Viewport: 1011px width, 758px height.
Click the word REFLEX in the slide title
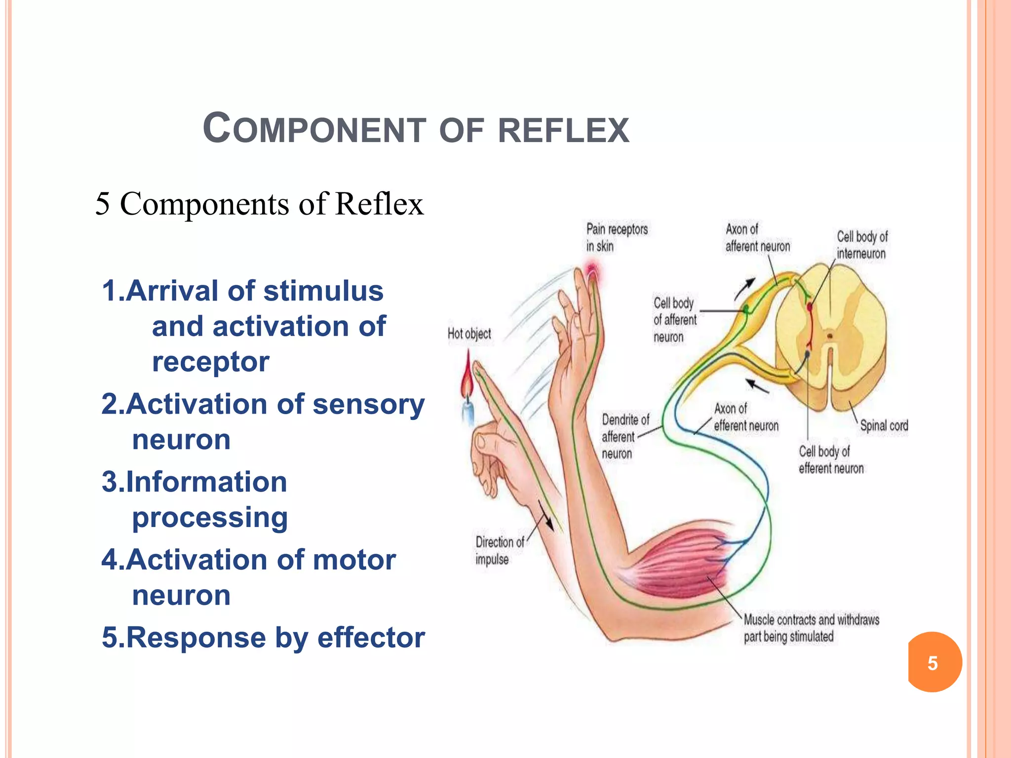coord(563,130)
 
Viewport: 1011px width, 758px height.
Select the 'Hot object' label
coord(469,334)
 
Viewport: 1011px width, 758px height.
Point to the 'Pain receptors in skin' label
coord(616,237)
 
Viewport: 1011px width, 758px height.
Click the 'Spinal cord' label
coord(884,425)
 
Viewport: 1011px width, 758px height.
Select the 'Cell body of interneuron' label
coord(861,245)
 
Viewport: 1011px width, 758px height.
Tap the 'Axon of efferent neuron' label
coord(745,417)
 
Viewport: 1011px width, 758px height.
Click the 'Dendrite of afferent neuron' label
coord(624,436)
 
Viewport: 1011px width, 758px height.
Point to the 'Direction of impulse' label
coord(499,550)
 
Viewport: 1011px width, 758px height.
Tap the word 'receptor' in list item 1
coord(210,362)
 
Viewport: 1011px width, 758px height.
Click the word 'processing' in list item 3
coord(210,518)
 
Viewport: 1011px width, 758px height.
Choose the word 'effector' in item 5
coord(371,638)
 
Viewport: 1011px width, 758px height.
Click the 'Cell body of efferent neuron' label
coord(831,459)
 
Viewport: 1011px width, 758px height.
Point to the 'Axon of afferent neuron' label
coord(757,237)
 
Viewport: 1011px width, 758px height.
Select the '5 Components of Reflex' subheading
coord(260,204)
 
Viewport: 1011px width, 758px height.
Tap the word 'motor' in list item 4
coord(354,560)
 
